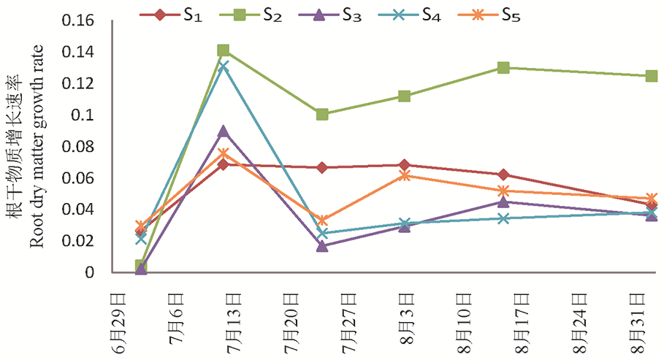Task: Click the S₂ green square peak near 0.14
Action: [224, 50]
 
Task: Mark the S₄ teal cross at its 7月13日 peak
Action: [224, 66]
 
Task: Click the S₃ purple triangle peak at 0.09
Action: [224, 131]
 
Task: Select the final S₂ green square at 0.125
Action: [652, 76]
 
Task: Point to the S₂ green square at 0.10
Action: [322, 115]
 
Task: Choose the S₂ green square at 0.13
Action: [503, 67]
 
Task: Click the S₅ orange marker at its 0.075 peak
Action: [224, 154]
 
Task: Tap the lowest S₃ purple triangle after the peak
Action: [322, 246]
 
